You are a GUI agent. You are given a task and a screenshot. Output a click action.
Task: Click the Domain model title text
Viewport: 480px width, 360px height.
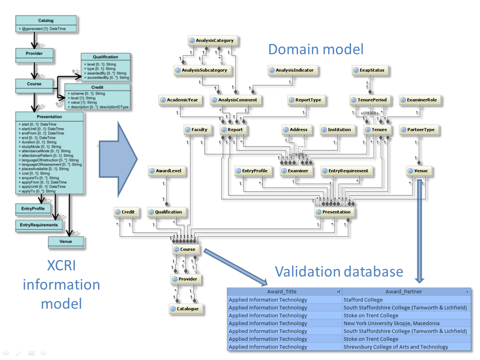315,49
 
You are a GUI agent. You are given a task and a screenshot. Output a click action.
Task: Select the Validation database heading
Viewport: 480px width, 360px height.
339,271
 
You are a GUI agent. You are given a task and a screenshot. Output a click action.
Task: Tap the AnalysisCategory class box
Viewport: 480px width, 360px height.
213,40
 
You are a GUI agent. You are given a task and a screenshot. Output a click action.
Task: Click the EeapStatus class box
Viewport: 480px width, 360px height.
370,70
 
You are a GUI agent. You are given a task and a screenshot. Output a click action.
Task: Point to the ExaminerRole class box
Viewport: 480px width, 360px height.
420,100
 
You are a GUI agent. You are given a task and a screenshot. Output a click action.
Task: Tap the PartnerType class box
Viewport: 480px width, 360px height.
419,130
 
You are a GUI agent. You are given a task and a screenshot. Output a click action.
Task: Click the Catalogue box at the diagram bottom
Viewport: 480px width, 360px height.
186,309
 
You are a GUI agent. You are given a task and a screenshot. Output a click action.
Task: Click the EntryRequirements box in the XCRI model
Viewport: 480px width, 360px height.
39,225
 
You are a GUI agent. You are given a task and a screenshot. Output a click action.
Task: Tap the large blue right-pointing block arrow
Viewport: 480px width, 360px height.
118,159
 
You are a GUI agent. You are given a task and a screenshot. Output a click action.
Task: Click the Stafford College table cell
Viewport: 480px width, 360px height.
363,300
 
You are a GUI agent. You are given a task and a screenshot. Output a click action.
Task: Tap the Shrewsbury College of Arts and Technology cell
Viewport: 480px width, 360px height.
395,347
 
